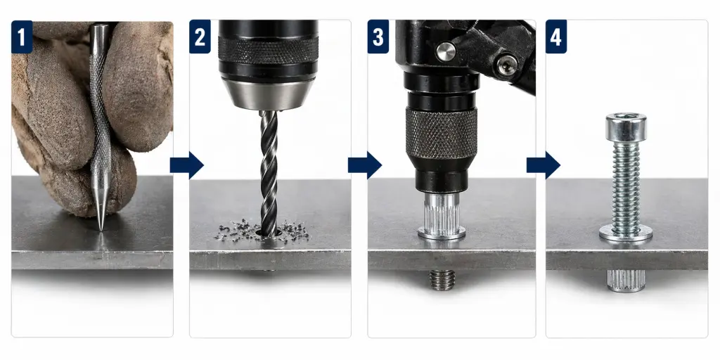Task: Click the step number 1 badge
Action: point(22,37)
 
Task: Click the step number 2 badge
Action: point(200,37)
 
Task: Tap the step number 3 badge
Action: point(378,37)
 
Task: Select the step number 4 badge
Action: point(556,37)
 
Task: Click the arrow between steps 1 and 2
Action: point(186,165)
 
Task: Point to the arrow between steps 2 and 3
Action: point(365,165)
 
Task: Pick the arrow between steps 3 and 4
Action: point(544,165)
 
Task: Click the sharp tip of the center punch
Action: point(101,230)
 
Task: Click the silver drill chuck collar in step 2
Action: point(269,94)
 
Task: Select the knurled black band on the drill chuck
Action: point(269,50)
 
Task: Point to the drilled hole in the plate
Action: point(269,233)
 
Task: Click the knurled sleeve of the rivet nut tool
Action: point(442,134)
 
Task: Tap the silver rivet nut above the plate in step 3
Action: point(442,216)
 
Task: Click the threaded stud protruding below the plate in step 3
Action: point(442,280)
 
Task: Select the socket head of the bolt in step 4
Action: point(625,127)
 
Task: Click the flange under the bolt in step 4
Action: point(626,234)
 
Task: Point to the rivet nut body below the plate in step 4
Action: point(626,281)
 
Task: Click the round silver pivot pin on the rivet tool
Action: point(445,52)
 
